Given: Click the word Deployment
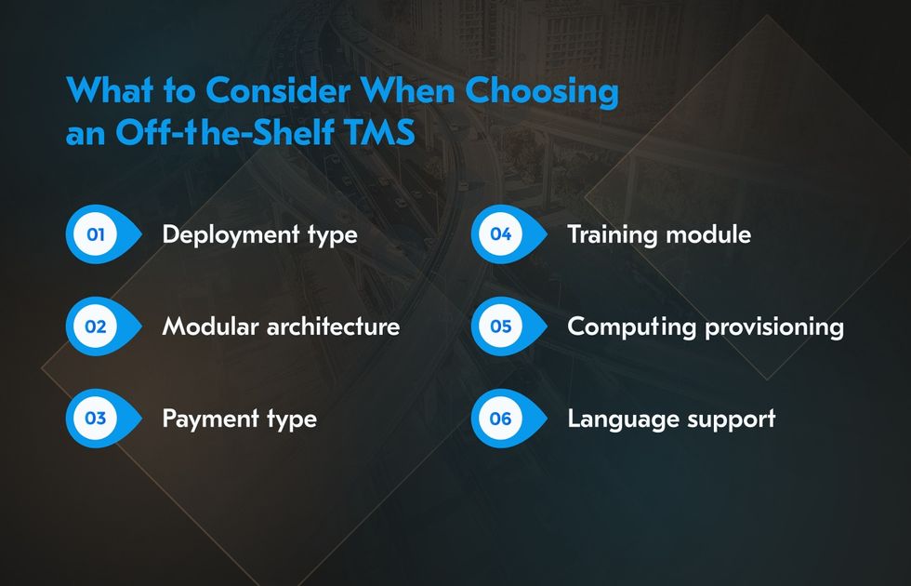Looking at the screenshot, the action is pyautogui.click(x=231, y=235).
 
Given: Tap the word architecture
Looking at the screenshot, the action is pyautogui.click(x=333, y=326).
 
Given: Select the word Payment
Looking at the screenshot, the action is pyautogui.click(x=210, y=420).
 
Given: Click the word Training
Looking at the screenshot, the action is pyautogui.click(x=613, y=235).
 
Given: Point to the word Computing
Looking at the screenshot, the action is pyautogui.click(x=631, y=327).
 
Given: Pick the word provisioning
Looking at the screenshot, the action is pyautogui.click(x=774, y=327).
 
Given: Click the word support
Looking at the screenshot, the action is pyautogui.click(x=732, y=420).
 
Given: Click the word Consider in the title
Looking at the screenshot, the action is pyautogui.click(x=278, y=91).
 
